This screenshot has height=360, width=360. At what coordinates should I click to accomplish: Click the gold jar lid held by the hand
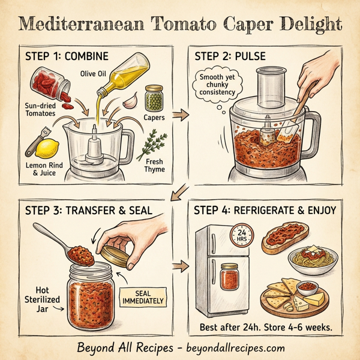117,254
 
